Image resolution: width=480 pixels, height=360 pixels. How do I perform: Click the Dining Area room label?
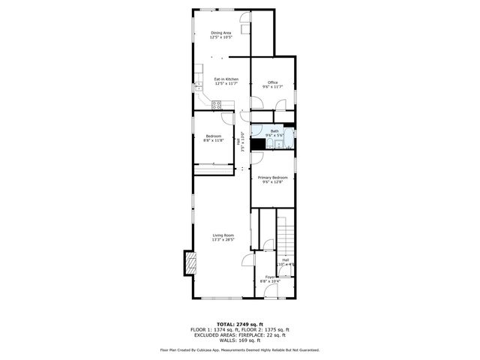[x=220, y=32]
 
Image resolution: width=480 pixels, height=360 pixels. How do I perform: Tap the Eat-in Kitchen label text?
[x=226, y=79]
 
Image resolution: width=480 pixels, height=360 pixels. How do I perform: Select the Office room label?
[x=273, y=82]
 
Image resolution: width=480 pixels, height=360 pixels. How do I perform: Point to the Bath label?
[x=274, y=130]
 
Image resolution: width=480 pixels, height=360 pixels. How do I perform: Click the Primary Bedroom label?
[x=273, y=177]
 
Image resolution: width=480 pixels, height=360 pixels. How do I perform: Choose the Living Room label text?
[x=223, y=235]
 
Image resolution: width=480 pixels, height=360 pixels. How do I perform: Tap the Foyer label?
[x=270, y=277]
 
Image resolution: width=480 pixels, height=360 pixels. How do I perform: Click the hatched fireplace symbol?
[x=190, y=263]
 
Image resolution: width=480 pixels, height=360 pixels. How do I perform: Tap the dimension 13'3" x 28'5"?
[x=223, y=240]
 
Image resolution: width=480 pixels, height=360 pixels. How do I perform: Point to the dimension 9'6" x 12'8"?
[x=273, y=181]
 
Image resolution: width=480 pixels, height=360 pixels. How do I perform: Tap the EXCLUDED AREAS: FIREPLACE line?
[x=240, y=334]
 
